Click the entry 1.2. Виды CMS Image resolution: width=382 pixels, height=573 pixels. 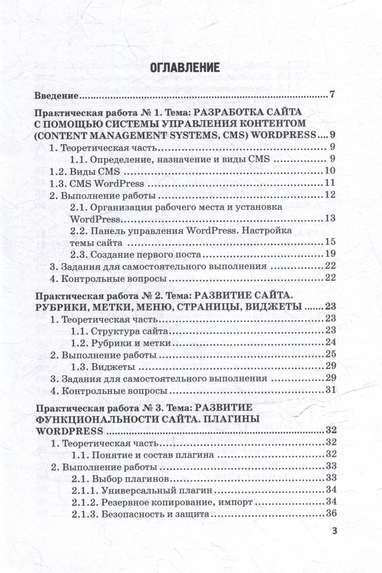(x=85, y=172)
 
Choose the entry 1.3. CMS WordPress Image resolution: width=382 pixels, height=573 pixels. (x=97, y=184)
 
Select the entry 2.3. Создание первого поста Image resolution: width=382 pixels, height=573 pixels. (x=136, y=254)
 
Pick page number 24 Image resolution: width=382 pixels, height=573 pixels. (x=331, y=342)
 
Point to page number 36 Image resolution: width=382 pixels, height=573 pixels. (x=331, y=513)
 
